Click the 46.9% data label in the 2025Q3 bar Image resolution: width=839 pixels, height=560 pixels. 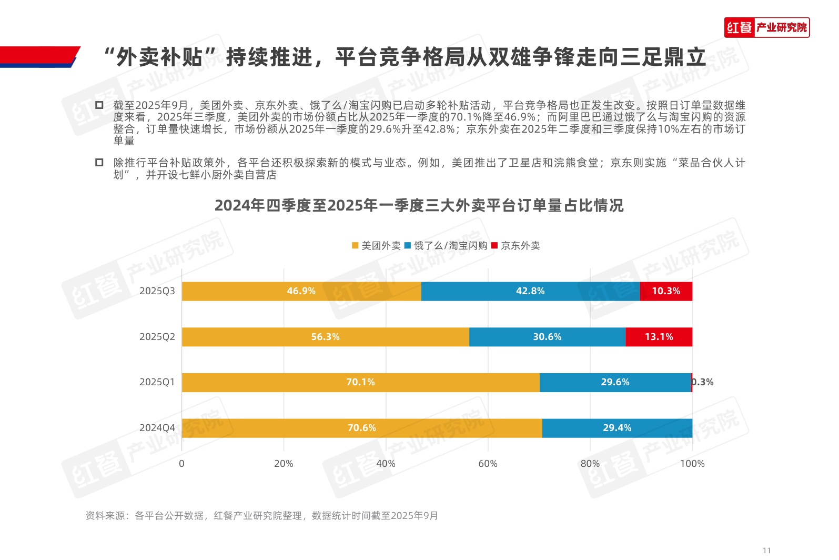click(301, 291)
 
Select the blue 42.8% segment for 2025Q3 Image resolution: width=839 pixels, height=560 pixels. click(530, 291)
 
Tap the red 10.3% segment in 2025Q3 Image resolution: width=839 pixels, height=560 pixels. click(666, 291)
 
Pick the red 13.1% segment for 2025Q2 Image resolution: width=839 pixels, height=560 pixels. click(659, 337)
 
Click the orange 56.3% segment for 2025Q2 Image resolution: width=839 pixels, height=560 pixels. click(325, 337)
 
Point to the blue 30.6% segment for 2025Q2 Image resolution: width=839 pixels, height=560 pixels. click(547, 337)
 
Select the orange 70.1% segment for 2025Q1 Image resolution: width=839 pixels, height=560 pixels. click(360, 382)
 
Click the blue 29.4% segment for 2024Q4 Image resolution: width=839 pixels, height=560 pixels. click(617, 428)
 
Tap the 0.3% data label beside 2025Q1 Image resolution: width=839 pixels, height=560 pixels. click(703, 382)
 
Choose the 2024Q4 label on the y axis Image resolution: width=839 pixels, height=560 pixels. click(157, 428)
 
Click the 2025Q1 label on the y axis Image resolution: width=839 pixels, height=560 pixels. click(157, 382)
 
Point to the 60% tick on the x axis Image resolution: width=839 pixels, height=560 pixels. click(488, 464)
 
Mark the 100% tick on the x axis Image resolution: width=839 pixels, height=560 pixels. click(692, 464)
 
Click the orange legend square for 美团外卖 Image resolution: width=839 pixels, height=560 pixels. click(355, 246)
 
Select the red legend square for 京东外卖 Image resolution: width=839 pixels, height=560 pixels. click(494, 246)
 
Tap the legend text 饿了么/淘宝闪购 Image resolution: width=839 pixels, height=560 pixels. click(450, 246)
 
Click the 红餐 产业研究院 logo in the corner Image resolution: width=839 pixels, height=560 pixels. click(766, 27)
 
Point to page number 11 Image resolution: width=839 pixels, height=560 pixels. click(766, 551)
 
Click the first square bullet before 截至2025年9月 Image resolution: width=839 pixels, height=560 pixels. click(99, 105)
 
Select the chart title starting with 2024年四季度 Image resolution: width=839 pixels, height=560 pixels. click(419, 205)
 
